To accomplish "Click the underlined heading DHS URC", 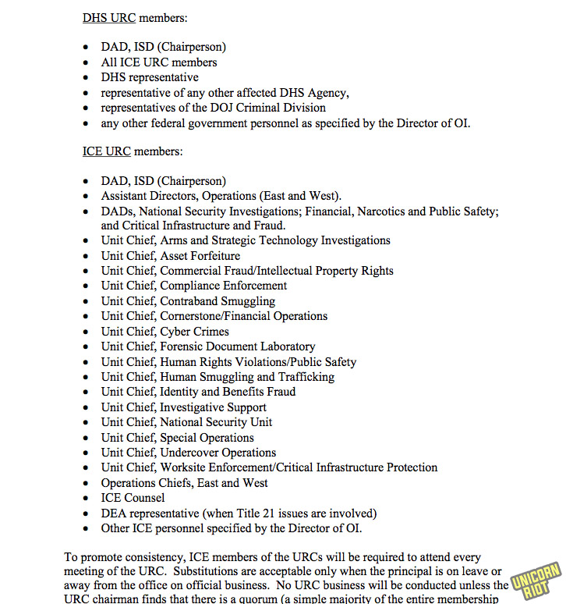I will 108,17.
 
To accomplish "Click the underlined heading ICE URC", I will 106,151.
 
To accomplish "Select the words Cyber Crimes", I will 194,332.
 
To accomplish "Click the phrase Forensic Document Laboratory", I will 238,346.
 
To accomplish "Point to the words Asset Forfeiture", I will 200,256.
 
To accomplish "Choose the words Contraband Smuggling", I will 218,301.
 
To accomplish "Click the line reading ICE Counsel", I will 133,498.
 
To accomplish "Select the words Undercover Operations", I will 218,453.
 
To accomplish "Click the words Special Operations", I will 207,438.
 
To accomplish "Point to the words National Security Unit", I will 216,422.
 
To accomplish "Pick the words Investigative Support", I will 213,407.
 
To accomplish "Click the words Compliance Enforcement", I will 224,286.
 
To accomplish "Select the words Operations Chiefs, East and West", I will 184,483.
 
